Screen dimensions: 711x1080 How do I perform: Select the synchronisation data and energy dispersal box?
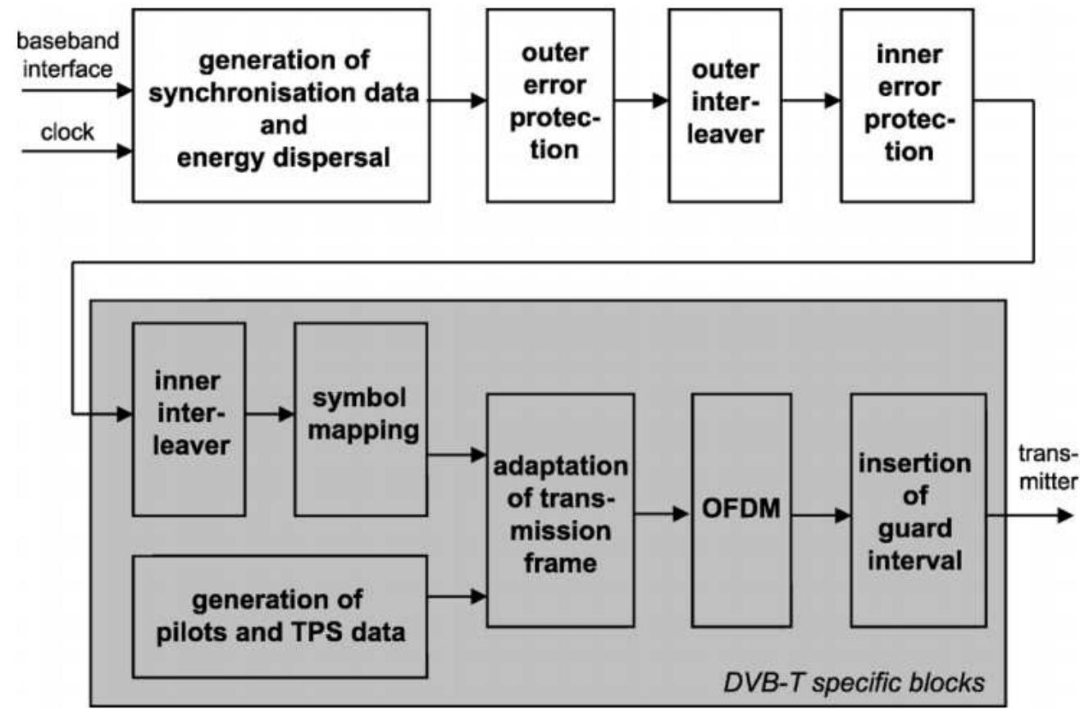[x=280, y=104]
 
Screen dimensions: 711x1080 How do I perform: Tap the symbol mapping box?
[x=361, y=419]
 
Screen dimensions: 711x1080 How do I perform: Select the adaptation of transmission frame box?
[x=560, y=509]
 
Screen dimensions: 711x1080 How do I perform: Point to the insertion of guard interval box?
[x=918, y=509]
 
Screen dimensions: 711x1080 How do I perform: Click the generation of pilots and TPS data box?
[x=280, y=616]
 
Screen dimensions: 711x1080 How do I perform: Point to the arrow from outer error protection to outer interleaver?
[x=641, y=102]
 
